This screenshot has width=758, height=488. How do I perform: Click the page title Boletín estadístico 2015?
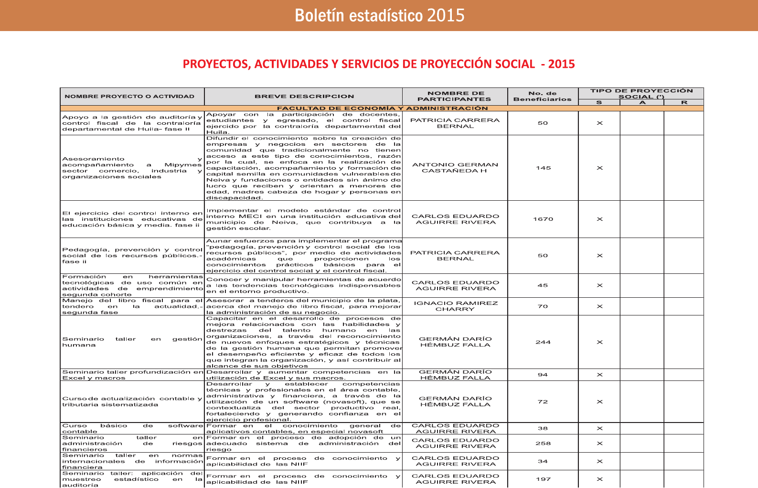click(379, 15)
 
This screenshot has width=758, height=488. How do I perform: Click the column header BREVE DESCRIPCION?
click(304, 97)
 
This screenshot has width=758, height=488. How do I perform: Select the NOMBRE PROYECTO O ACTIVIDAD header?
click(129, 97)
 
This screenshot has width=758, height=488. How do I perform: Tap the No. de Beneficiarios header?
click(543, 97)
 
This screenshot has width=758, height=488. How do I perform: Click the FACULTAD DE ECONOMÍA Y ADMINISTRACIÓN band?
click(382, 108)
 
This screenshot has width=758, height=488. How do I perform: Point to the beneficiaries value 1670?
click(543, 219)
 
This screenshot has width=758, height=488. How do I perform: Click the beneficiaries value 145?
click(543, 168)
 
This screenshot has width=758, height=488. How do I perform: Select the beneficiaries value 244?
click(543, 342)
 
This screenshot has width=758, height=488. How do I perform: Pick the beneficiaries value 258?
click(543, 444)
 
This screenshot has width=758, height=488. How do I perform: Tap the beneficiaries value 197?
click(543, 479)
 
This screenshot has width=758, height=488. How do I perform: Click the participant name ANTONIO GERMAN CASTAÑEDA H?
click(455, 168)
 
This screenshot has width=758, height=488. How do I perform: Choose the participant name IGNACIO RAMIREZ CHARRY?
click(455, 306)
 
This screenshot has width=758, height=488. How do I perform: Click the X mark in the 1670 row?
click(599, 219)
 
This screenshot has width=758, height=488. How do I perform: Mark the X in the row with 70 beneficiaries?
click(599, 306)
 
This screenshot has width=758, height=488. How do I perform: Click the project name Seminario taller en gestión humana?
click(132, 342)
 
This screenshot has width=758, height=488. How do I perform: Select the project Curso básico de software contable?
click(132, 428)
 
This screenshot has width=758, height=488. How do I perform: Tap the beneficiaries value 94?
click(543, 375)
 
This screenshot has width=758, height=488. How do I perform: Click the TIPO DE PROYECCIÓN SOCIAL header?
click(641, 93)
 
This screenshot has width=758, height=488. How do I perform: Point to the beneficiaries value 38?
click(543, 428)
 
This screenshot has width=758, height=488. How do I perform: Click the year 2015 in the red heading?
click(562, 64)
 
